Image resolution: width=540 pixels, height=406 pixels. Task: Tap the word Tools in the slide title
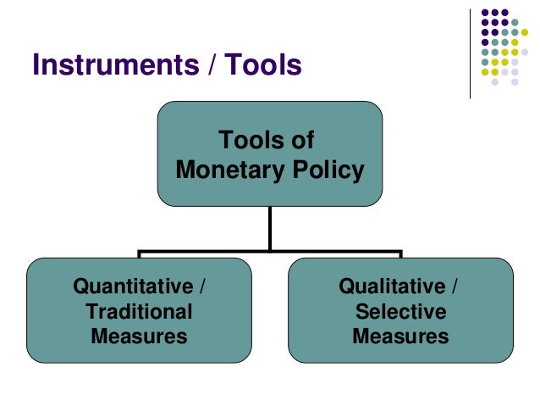click(258, 64)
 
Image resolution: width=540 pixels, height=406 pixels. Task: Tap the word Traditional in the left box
click(139, 311)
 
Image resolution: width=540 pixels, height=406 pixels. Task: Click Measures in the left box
click(139, 336)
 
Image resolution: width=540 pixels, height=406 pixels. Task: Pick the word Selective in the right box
click(400, 311)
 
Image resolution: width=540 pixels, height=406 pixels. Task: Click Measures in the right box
click(400, 336)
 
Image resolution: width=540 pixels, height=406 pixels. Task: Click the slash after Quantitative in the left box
click(201, 286)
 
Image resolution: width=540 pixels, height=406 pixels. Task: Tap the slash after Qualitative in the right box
click(455, 286)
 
